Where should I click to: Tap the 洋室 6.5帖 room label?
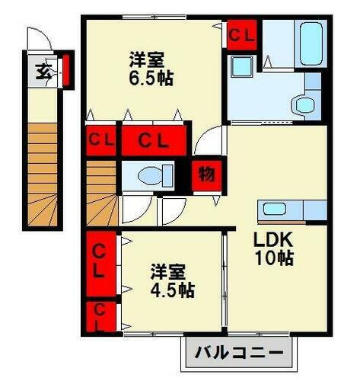145,68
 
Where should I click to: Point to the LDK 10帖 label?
272,247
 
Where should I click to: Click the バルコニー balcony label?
237,354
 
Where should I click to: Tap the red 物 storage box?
205,174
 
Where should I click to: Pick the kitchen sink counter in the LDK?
292,209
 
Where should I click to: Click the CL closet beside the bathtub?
242,34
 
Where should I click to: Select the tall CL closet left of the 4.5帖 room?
100,260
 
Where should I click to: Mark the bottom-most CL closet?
99,316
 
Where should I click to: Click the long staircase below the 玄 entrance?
44,175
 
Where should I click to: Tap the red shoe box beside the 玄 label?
65,68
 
